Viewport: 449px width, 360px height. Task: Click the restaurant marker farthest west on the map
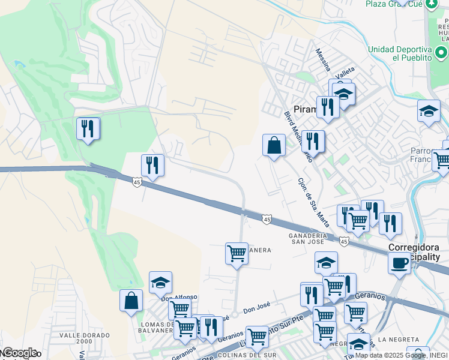(88, 128)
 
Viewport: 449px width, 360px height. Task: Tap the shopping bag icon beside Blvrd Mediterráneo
(274, 145)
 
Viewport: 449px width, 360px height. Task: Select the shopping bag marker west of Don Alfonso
(131, 300)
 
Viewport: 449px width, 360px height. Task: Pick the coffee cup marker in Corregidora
(399, 262)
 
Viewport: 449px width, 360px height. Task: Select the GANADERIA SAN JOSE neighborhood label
(307, 238)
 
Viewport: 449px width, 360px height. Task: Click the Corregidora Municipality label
(414, 251)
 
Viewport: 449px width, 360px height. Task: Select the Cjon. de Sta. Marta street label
(314, 202)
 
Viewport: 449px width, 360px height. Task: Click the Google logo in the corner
(19, 353)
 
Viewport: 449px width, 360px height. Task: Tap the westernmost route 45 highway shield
(137, 182)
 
